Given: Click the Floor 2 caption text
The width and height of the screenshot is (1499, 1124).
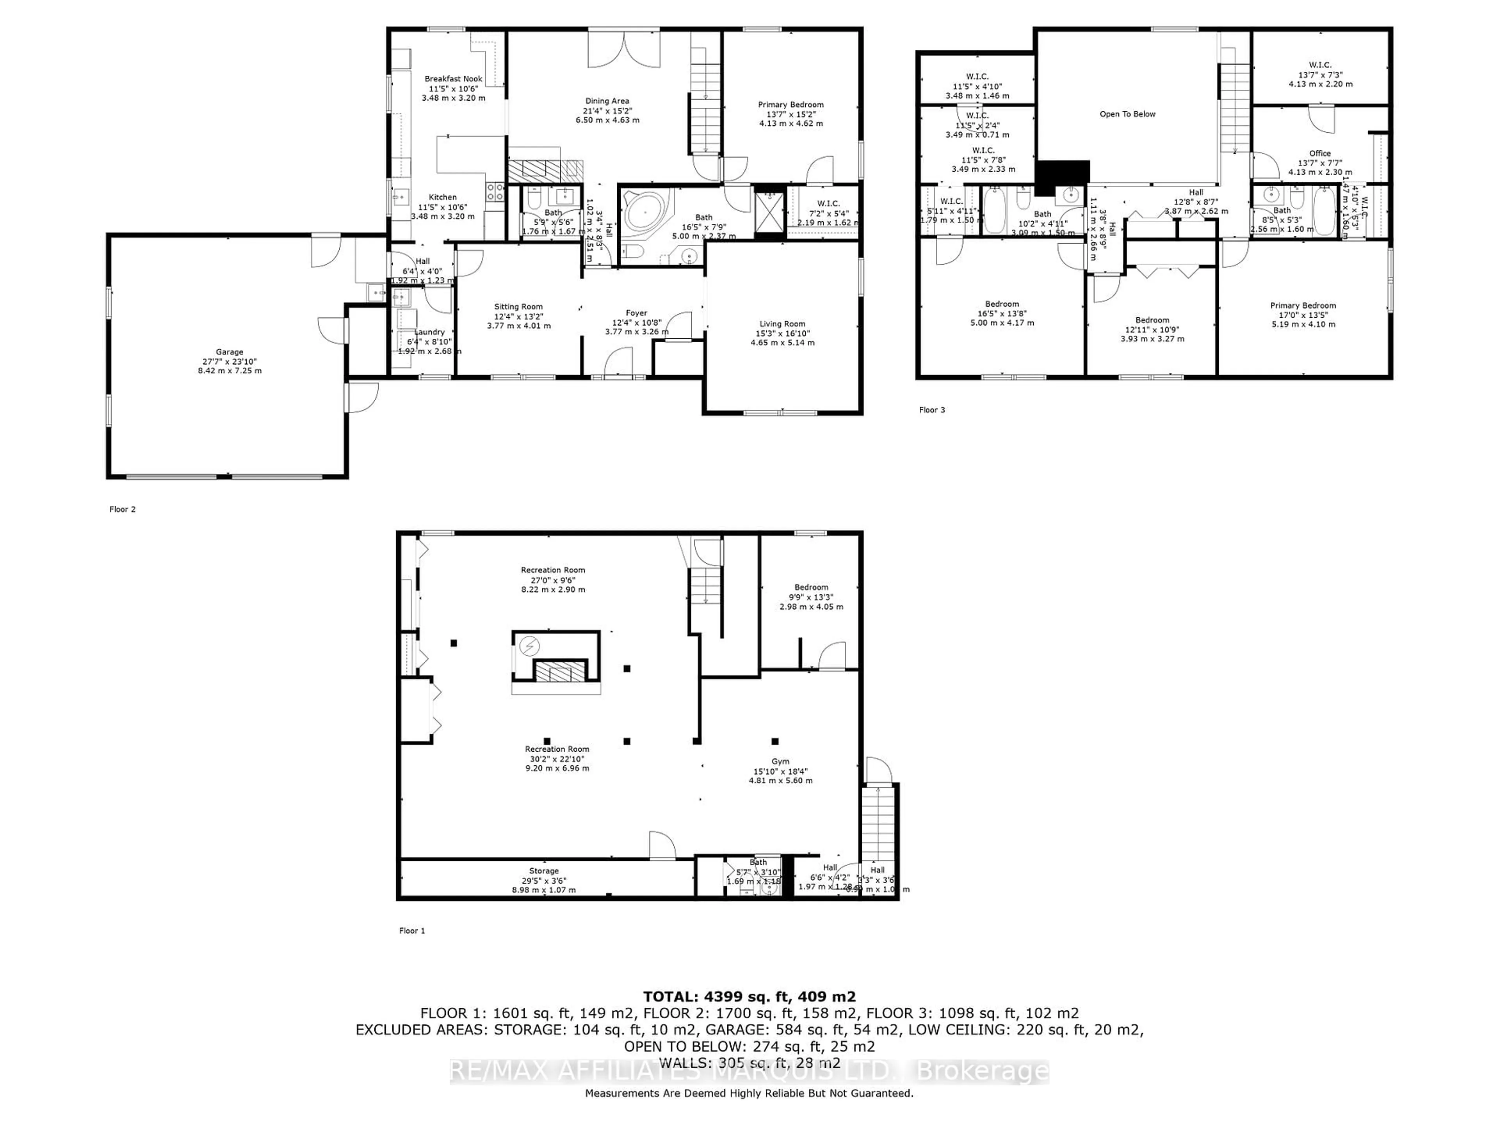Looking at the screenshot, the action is pyautogui.click(x=123, y=509).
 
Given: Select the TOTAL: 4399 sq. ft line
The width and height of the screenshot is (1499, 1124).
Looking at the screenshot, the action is pyautogui.click(x=749, y=997).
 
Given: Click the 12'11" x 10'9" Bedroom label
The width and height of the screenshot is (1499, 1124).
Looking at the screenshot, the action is pyautogui.click(x=1152, y=329).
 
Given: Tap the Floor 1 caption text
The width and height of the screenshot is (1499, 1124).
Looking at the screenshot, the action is pyautogui.click(x=412, y=931).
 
